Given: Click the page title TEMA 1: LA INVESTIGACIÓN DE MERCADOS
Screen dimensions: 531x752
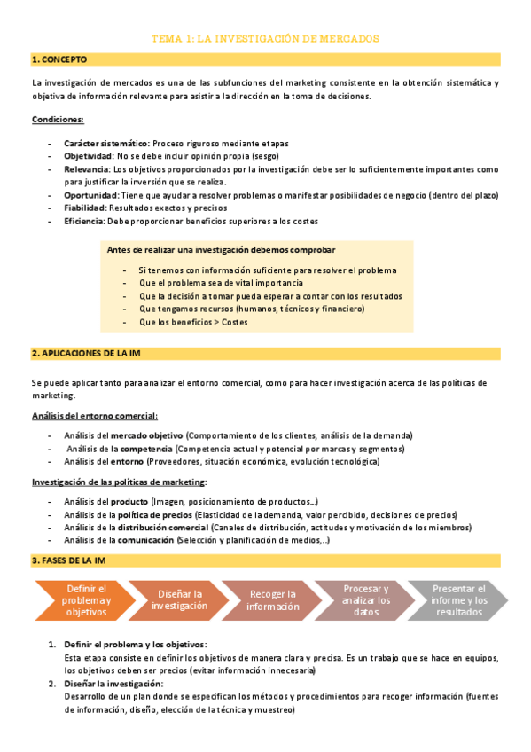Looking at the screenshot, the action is click(x=265, y=39).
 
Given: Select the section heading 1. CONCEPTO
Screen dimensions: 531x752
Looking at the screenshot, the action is click(x=59, y=59).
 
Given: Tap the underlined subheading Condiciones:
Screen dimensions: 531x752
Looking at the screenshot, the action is click(x=58, y=119).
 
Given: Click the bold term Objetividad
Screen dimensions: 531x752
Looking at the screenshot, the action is click(x=87, y=155).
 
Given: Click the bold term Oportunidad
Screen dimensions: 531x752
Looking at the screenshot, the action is click(x=89, y=195).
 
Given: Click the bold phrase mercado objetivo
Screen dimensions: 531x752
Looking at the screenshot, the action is click(x=146, y=435).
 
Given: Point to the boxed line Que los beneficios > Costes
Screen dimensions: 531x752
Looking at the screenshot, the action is click(x=193, y=322).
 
